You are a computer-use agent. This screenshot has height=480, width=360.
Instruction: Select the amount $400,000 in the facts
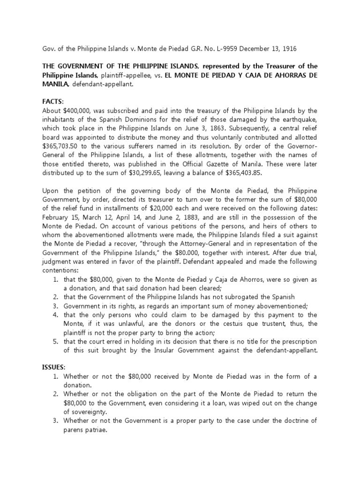coord(77,110)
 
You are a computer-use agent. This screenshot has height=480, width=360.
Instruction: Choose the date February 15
coord(62,217)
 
